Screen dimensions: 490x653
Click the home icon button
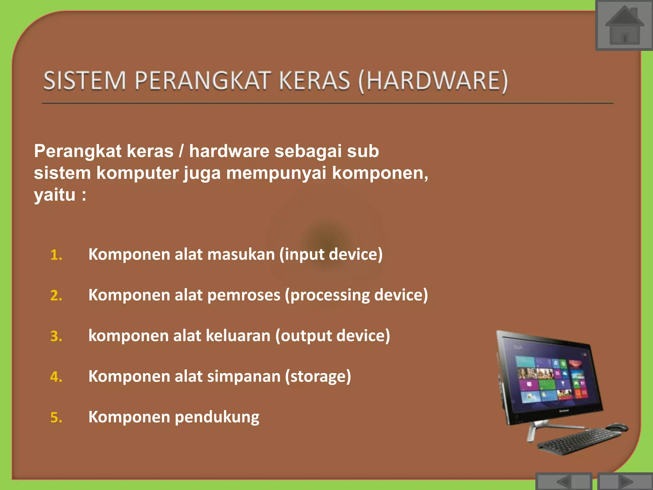tap(624, 26)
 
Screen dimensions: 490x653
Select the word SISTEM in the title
tap(84, 81)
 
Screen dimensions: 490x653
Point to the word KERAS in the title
tap(314, 81)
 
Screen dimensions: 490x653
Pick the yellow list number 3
tap(56, 337)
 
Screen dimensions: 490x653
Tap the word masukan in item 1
tap(241, 255)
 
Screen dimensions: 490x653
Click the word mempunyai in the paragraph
tap(276, 173)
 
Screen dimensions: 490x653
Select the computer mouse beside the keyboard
tap(617, 427)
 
